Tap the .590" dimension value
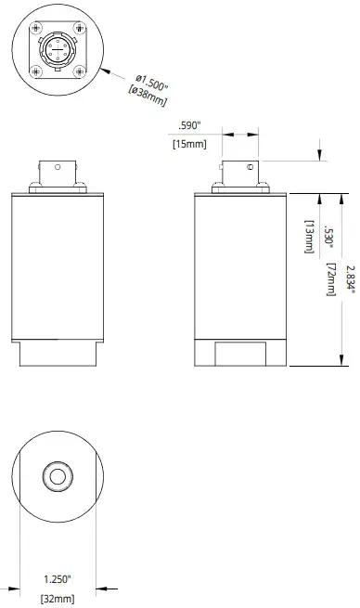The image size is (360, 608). pos(189,128)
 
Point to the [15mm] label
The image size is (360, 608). pos(189,143)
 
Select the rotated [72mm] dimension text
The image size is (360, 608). pos(331,278)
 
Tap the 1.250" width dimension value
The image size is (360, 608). pos(57,578)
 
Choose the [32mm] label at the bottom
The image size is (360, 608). pos(57,599)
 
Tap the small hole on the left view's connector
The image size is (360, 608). pos(57,168)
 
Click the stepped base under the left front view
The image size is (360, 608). pos(57,355)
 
